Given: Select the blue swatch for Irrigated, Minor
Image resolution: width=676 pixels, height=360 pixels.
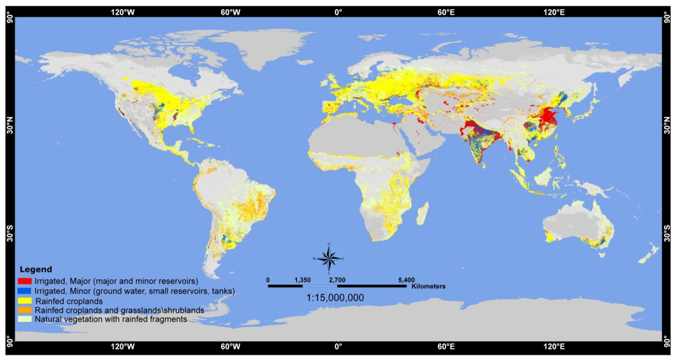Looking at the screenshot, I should click(26, 291).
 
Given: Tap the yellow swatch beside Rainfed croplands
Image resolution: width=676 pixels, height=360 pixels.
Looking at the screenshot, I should click(26, 301).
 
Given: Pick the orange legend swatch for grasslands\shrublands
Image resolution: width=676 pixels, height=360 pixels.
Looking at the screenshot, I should click(26, 310).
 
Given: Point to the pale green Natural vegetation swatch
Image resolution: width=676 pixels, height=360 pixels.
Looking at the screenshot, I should click(26, 319).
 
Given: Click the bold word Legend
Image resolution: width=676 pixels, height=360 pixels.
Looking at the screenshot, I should click(36, 270).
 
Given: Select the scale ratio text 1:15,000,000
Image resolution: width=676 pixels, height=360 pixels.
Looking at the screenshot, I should click(335, 298).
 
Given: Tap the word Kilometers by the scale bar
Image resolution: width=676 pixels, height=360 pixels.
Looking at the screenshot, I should click(428, 287).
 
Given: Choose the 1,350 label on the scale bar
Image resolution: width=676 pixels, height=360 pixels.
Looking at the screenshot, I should click(302, 280).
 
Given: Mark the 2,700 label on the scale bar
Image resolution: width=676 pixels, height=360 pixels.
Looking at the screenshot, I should click(337, 280).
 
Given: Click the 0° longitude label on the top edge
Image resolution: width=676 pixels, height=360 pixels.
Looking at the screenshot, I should click(338, 11).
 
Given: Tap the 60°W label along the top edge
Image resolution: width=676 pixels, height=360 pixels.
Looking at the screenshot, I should click(230, 11).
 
